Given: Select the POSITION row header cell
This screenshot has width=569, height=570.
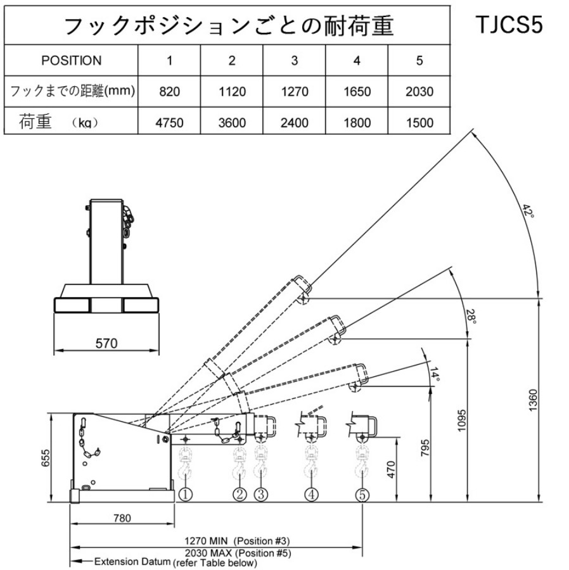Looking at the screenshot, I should pyautogui.click(x=71, y=61).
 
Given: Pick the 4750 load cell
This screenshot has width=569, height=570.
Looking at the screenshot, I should pyautogui.click(x=169, y=122).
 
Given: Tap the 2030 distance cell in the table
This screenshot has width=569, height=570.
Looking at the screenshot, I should pyautogui.click(x=419, y=92).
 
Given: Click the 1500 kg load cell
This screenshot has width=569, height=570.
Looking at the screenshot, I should pyautogui.click(x=419, y=122).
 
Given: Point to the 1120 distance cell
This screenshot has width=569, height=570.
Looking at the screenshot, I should pyautogui.click(x=232, y=92).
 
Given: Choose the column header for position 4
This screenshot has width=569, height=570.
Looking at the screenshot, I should pyautogui.click(x=357, y=61).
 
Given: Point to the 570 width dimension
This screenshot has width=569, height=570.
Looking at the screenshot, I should pyautogui.click(x=107, y=344).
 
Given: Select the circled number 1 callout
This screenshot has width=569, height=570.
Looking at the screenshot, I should pyautogui.click(x=185, y=495).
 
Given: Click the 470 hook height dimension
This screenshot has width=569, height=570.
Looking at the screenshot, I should pyautogui.click(x=390, y=469).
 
